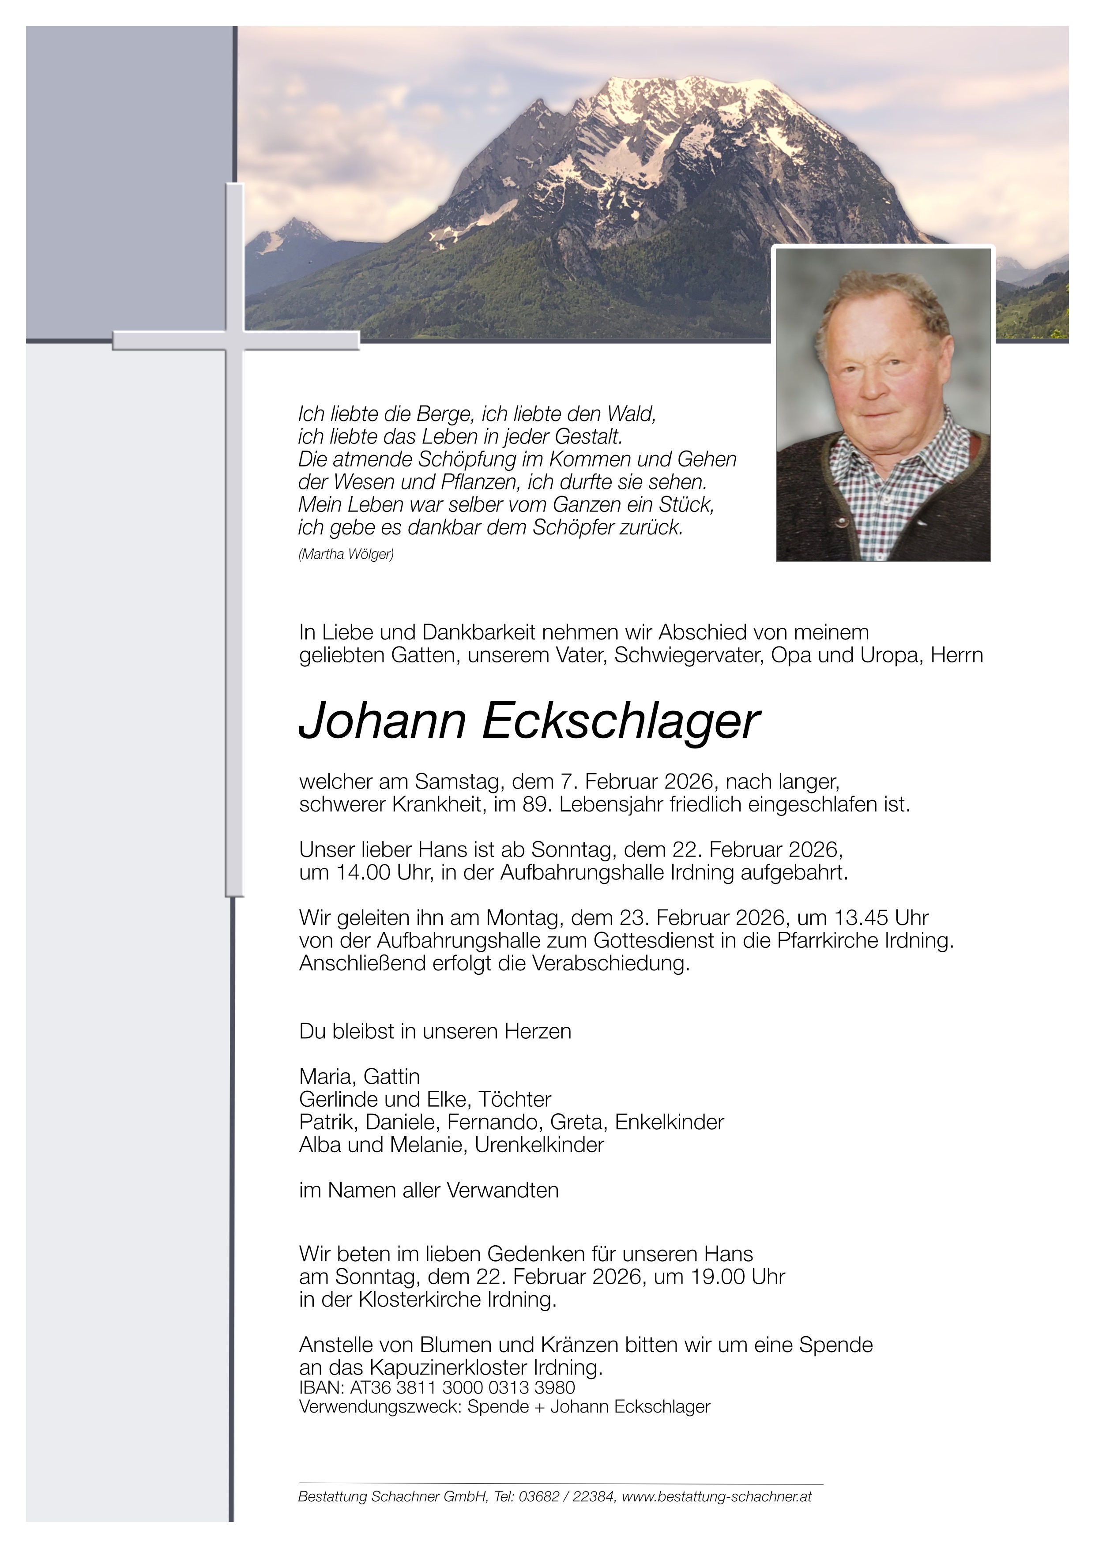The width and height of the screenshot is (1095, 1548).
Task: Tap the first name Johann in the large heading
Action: point(382,721)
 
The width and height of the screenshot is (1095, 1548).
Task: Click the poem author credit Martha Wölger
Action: point(346,554)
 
